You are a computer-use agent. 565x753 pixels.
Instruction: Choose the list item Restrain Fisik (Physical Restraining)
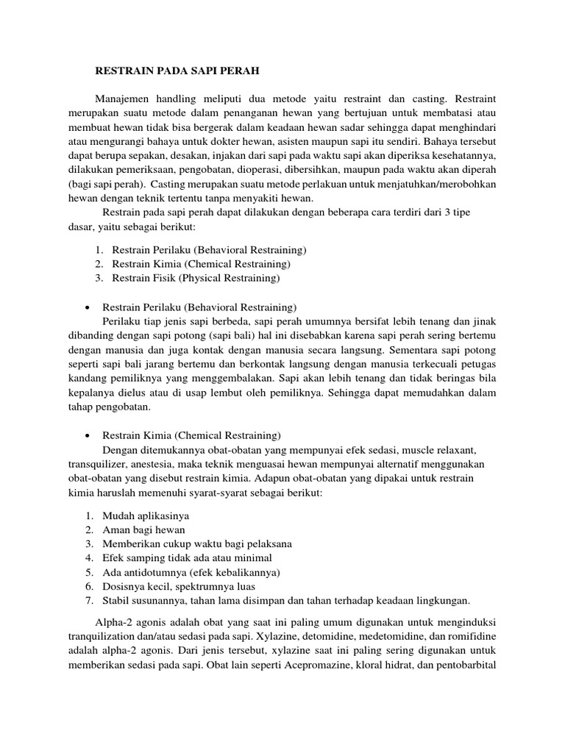pyautogui.click(x=196, y=278)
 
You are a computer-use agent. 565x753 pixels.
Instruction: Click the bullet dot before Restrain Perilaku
pyautogui.click(x=88, y=306)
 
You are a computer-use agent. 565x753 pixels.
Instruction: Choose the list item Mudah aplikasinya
pyautogui.click(x=150, y=515)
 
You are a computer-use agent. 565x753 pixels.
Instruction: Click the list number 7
pyautogui.click(x=88, y=600)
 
